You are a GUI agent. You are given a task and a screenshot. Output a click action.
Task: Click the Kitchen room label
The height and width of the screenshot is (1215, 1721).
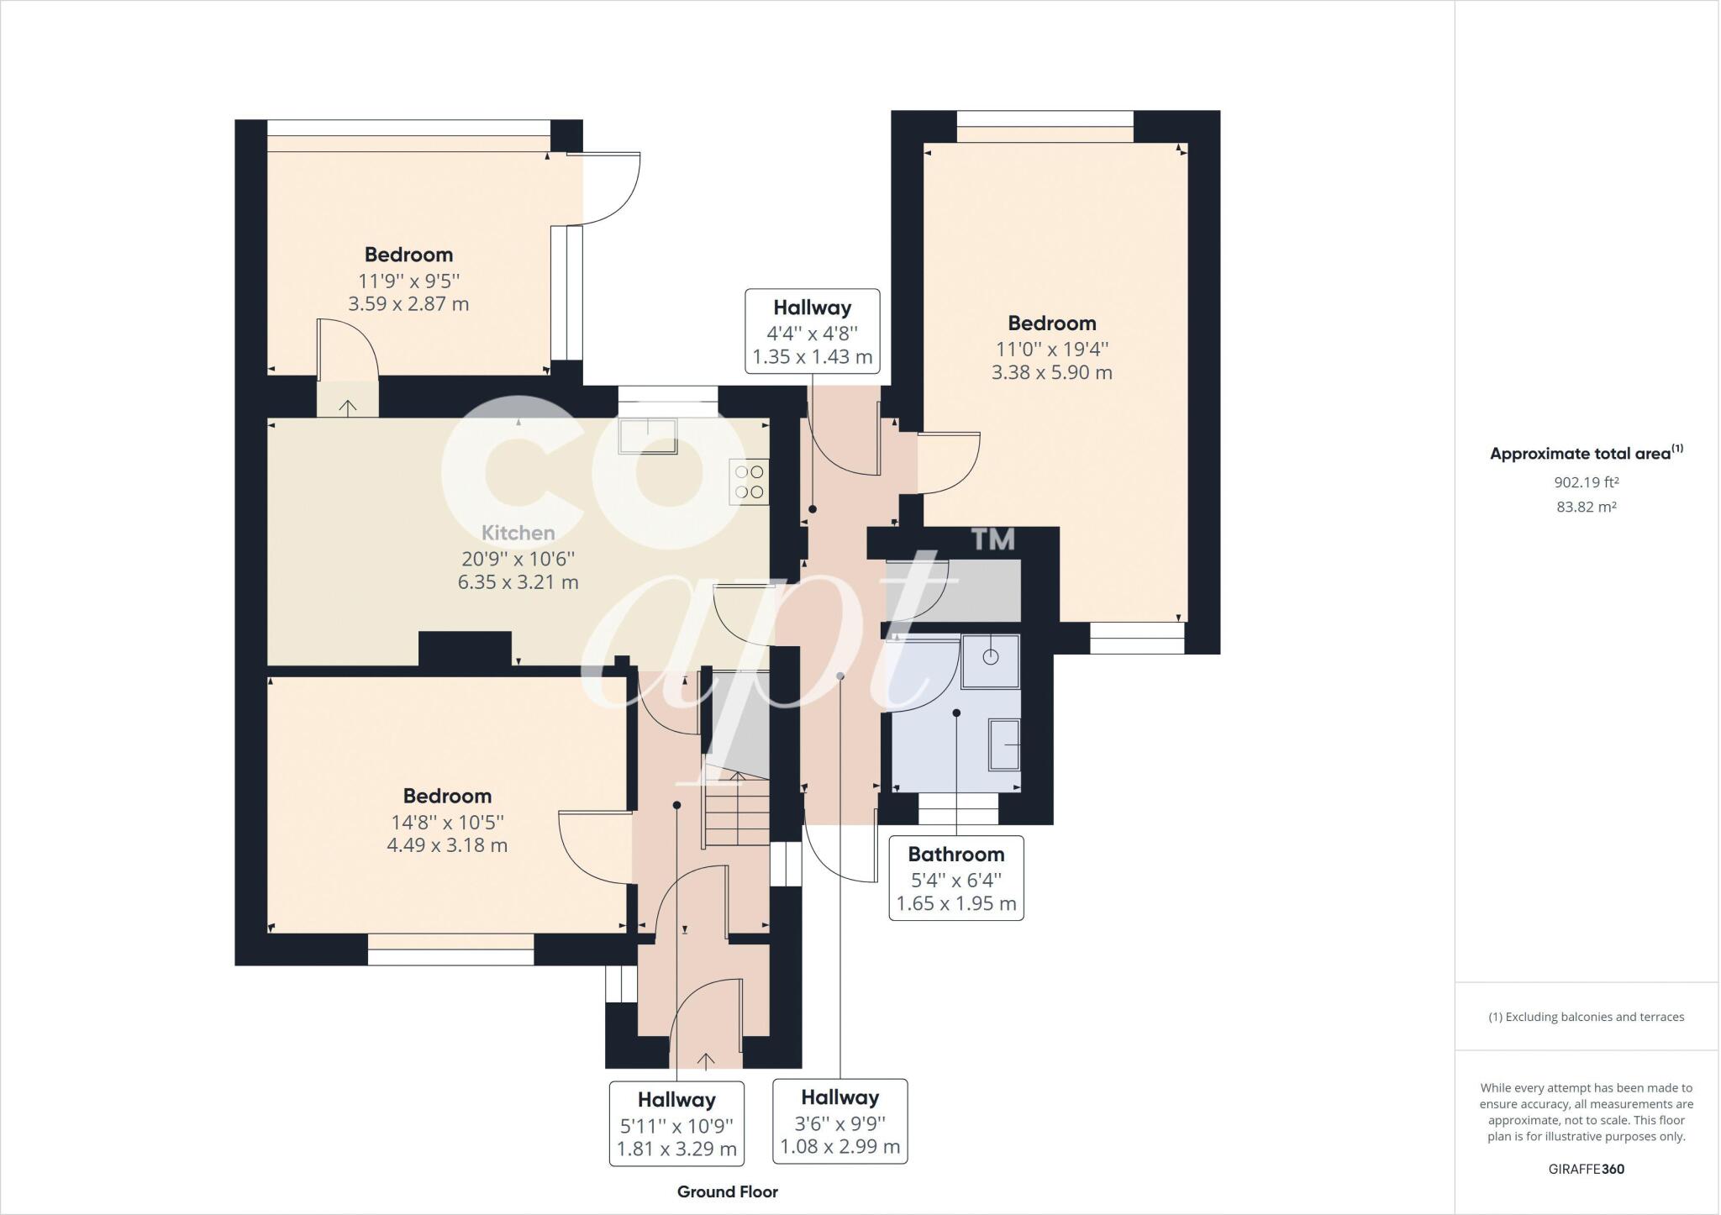pos(518,533)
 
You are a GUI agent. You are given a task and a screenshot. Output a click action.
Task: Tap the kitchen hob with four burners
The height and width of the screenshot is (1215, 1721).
pos(750,482)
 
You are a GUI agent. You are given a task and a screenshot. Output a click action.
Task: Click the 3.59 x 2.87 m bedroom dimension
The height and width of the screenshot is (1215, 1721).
pos(408,303)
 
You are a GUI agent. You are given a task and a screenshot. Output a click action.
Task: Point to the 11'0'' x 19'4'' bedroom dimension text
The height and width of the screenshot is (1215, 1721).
pos(1052,348)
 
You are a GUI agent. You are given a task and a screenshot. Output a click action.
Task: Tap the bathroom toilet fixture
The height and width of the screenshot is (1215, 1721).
pos(991,662)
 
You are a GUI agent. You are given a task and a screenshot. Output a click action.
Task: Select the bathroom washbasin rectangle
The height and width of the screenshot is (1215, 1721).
pos(1005,744)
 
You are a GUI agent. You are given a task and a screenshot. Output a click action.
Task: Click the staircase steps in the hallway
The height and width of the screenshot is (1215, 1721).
pos(736,810)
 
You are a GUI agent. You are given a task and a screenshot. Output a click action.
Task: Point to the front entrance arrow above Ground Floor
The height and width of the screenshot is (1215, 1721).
pos(706,1060)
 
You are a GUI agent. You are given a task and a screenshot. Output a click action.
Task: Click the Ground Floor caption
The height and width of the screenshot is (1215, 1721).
pos(728,1191)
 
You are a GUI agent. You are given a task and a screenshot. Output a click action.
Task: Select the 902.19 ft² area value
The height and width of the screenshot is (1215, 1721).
pos(1587,482)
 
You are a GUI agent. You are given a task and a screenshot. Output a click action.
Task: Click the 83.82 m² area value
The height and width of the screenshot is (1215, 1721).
pos(1587,507)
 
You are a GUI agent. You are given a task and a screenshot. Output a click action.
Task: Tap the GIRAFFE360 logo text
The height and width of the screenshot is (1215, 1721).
pos(1587,1169)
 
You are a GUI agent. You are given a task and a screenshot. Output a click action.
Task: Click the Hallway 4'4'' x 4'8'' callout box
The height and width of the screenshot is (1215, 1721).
pos(813,331)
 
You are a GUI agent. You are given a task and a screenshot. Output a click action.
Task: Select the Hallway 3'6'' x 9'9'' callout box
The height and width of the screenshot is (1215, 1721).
pos(840,1121)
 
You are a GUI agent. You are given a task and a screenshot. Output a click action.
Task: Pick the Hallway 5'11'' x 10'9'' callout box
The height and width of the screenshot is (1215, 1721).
pos(676,1123)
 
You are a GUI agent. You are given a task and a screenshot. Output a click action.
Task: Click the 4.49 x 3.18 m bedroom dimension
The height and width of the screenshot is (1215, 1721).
pos(447,844)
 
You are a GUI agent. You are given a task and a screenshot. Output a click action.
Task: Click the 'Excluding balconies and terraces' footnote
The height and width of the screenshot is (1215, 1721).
pos(1587,1017)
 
